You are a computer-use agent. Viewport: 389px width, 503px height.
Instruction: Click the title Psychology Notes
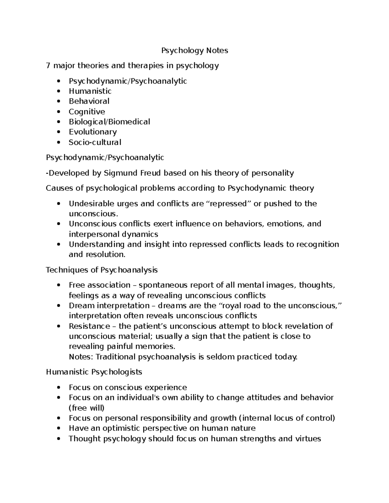[195, 51]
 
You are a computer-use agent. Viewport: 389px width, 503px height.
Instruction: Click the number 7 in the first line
[48, 66]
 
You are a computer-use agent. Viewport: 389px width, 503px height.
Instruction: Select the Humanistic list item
[90, 91]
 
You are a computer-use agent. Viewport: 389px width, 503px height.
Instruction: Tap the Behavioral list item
[89, 101]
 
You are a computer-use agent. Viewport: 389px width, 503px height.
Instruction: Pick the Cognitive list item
[87, 112]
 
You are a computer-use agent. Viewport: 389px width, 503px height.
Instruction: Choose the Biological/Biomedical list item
[109, 122]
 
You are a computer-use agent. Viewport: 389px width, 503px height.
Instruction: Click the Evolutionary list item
[93, 132]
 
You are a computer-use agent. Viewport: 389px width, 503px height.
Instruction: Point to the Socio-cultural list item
[95, 142]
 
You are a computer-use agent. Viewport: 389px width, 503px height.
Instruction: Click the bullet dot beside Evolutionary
[58, 132]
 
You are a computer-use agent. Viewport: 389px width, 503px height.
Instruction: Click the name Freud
[150, 173]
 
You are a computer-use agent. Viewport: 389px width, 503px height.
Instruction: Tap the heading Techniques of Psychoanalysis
[102, 270]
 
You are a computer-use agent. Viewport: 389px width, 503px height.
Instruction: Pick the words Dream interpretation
[109, 306]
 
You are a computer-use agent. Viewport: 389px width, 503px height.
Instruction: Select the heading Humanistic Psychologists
[94, 372]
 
